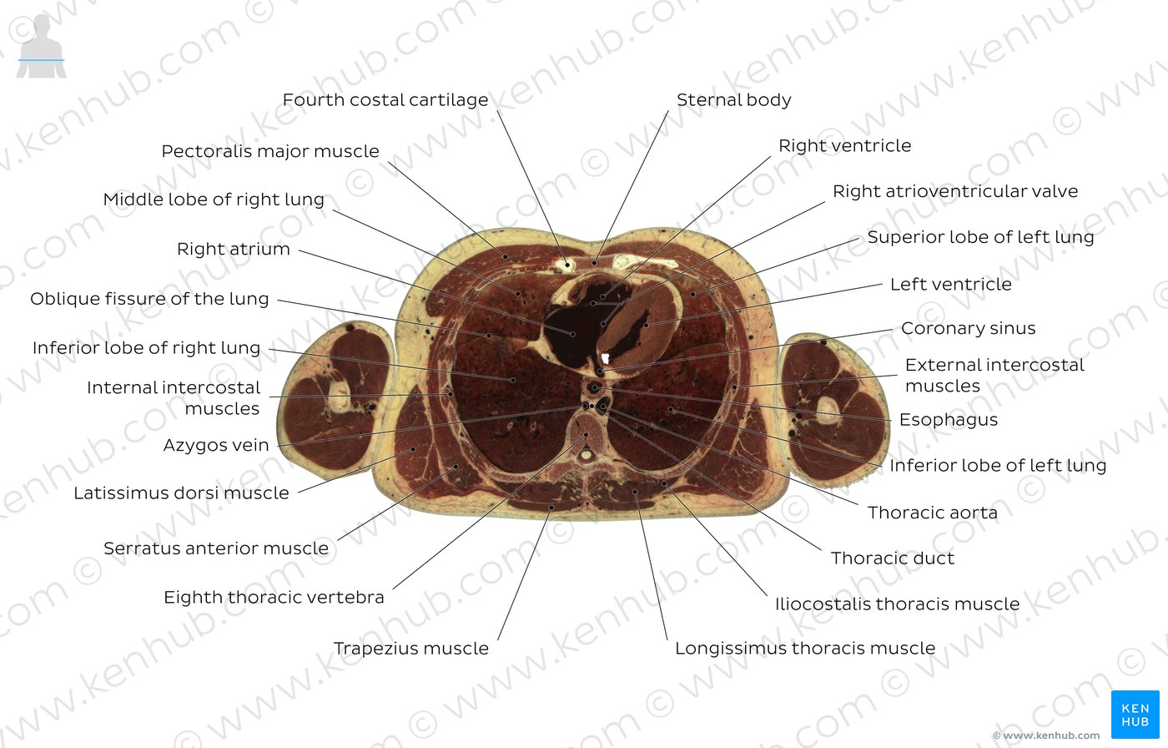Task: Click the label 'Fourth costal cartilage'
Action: [x=385, y=99]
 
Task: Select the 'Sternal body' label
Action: [x=733, y=99]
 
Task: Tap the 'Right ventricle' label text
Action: [x=844, y=145]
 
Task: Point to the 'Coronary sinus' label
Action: [x=969, y=328]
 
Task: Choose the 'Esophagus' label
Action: [x=949, y=419]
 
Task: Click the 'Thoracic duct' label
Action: [x=892, y=558]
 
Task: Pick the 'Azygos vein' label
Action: [x=216, y=445]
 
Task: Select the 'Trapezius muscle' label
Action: [x=410, y=649]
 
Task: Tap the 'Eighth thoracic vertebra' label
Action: [x=274, y=597]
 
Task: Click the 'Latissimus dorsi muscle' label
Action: [x=181, y=493]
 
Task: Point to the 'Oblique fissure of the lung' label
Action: [x=149, y=299]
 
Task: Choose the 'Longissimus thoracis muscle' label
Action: [x=805, y=649]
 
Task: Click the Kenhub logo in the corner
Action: [x=1135, y=715]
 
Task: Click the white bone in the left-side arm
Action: [x=340, y=395]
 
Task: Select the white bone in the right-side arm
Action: [x=827, y=410]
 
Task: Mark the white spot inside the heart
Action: [x=606, y=358]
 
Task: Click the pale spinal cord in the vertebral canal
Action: [x=587, y=455]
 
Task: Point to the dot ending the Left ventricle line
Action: [x=646, y=325]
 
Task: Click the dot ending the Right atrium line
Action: [x=572, y=334]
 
